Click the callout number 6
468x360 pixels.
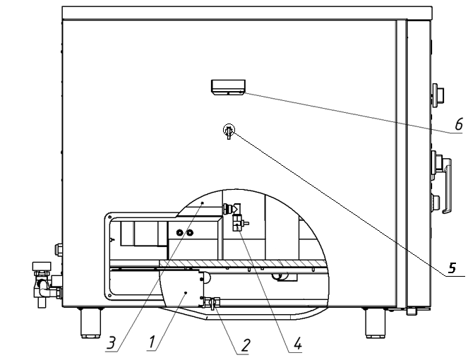(459, 124)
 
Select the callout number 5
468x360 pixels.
(452, 268)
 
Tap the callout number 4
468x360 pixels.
(298, 344)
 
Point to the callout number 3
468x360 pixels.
(111, 342)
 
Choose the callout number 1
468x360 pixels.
(152, 342)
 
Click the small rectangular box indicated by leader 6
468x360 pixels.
(228, 87)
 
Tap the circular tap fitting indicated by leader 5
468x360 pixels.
(229, 131)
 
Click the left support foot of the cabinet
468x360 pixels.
(91, 323)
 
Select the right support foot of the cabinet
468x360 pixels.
(376, 323)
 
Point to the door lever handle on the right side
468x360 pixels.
(447, 186)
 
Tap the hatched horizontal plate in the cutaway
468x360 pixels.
(244, 263)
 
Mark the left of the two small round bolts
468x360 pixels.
(180, 232)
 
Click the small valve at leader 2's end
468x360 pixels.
(212, 303)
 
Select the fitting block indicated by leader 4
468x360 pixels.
(238, 223)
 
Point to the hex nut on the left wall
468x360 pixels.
(58, 250)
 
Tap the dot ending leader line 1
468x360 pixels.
(186, 293)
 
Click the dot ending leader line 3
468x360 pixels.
(203, 203)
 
